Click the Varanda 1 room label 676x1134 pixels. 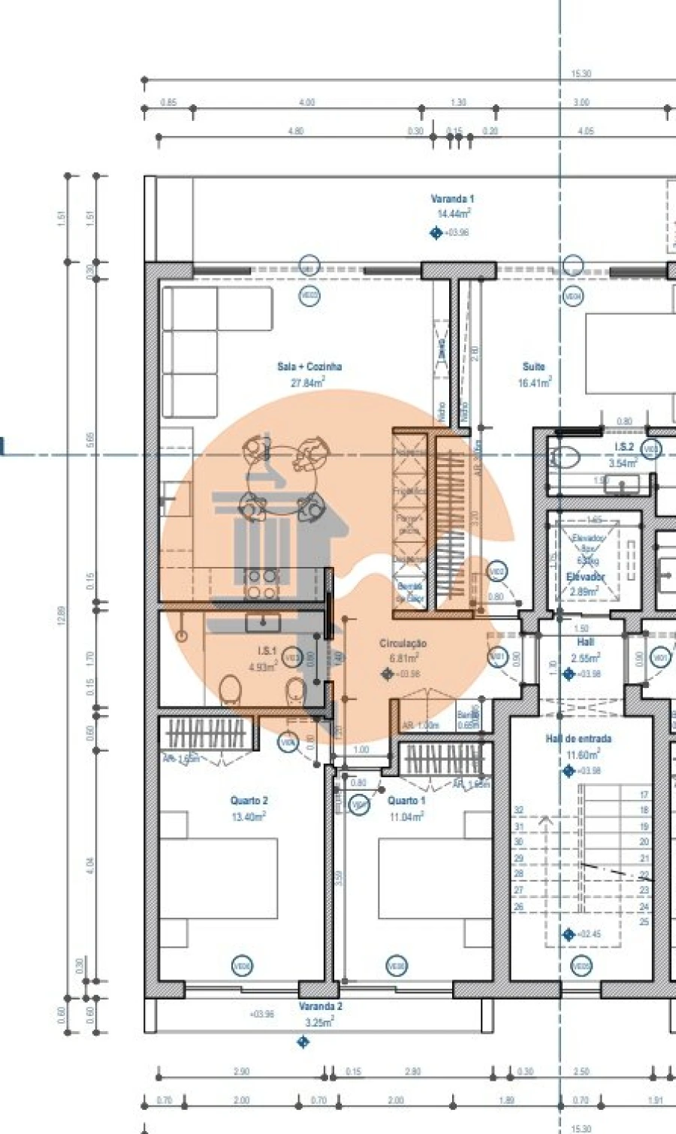(x=452, y=199)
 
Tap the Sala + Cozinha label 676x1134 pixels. (x=309, y=366)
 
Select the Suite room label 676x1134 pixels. (x=534, y=366)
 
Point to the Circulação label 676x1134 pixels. (x=403, y=644)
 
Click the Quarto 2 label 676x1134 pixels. (x=249, y=801)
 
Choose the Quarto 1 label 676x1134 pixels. (x=406, y=801)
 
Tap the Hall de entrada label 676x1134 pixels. (x=578, y=739)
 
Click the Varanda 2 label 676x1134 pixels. (x=321, y=1006)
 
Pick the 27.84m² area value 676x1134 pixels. (x=308, y=383)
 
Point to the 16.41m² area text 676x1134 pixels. (x=535, y=383)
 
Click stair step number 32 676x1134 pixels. (x=518, y=810)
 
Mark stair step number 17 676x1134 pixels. (x=644, y=795)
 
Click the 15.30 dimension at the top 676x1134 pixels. (x=581, y=74)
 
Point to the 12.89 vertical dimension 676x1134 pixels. (x=62, y=616)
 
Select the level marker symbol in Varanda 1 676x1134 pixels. (x=436, y=233)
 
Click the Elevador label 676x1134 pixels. (x=586, y=577)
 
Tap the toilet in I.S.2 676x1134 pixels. (x=563, y=457)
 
